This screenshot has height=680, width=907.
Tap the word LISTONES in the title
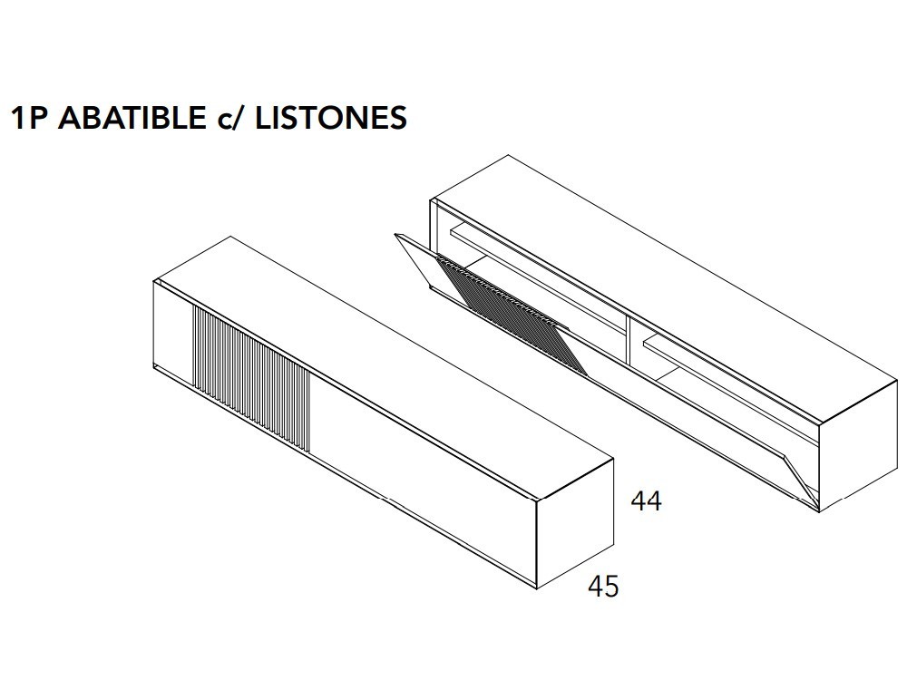(331, 118)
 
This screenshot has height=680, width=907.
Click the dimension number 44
(647, 501)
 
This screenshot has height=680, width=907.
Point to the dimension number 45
(603, 587)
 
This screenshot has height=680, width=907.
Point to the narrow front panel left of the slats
(174, 335)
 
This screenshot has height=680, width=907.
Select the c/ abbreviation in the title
(232, 119)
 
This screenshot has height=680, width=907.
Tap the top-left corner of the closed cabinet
(155, 283)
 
